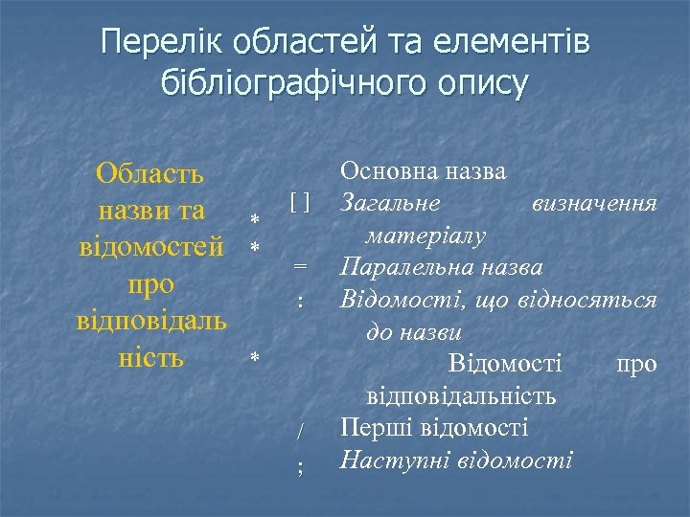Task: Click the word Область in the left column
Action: pos(149,174)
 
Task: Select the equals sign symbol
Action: pos(301,266)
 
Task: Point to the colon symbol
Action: pos(301,301)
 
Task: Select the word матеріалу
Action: pos(425,236)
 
